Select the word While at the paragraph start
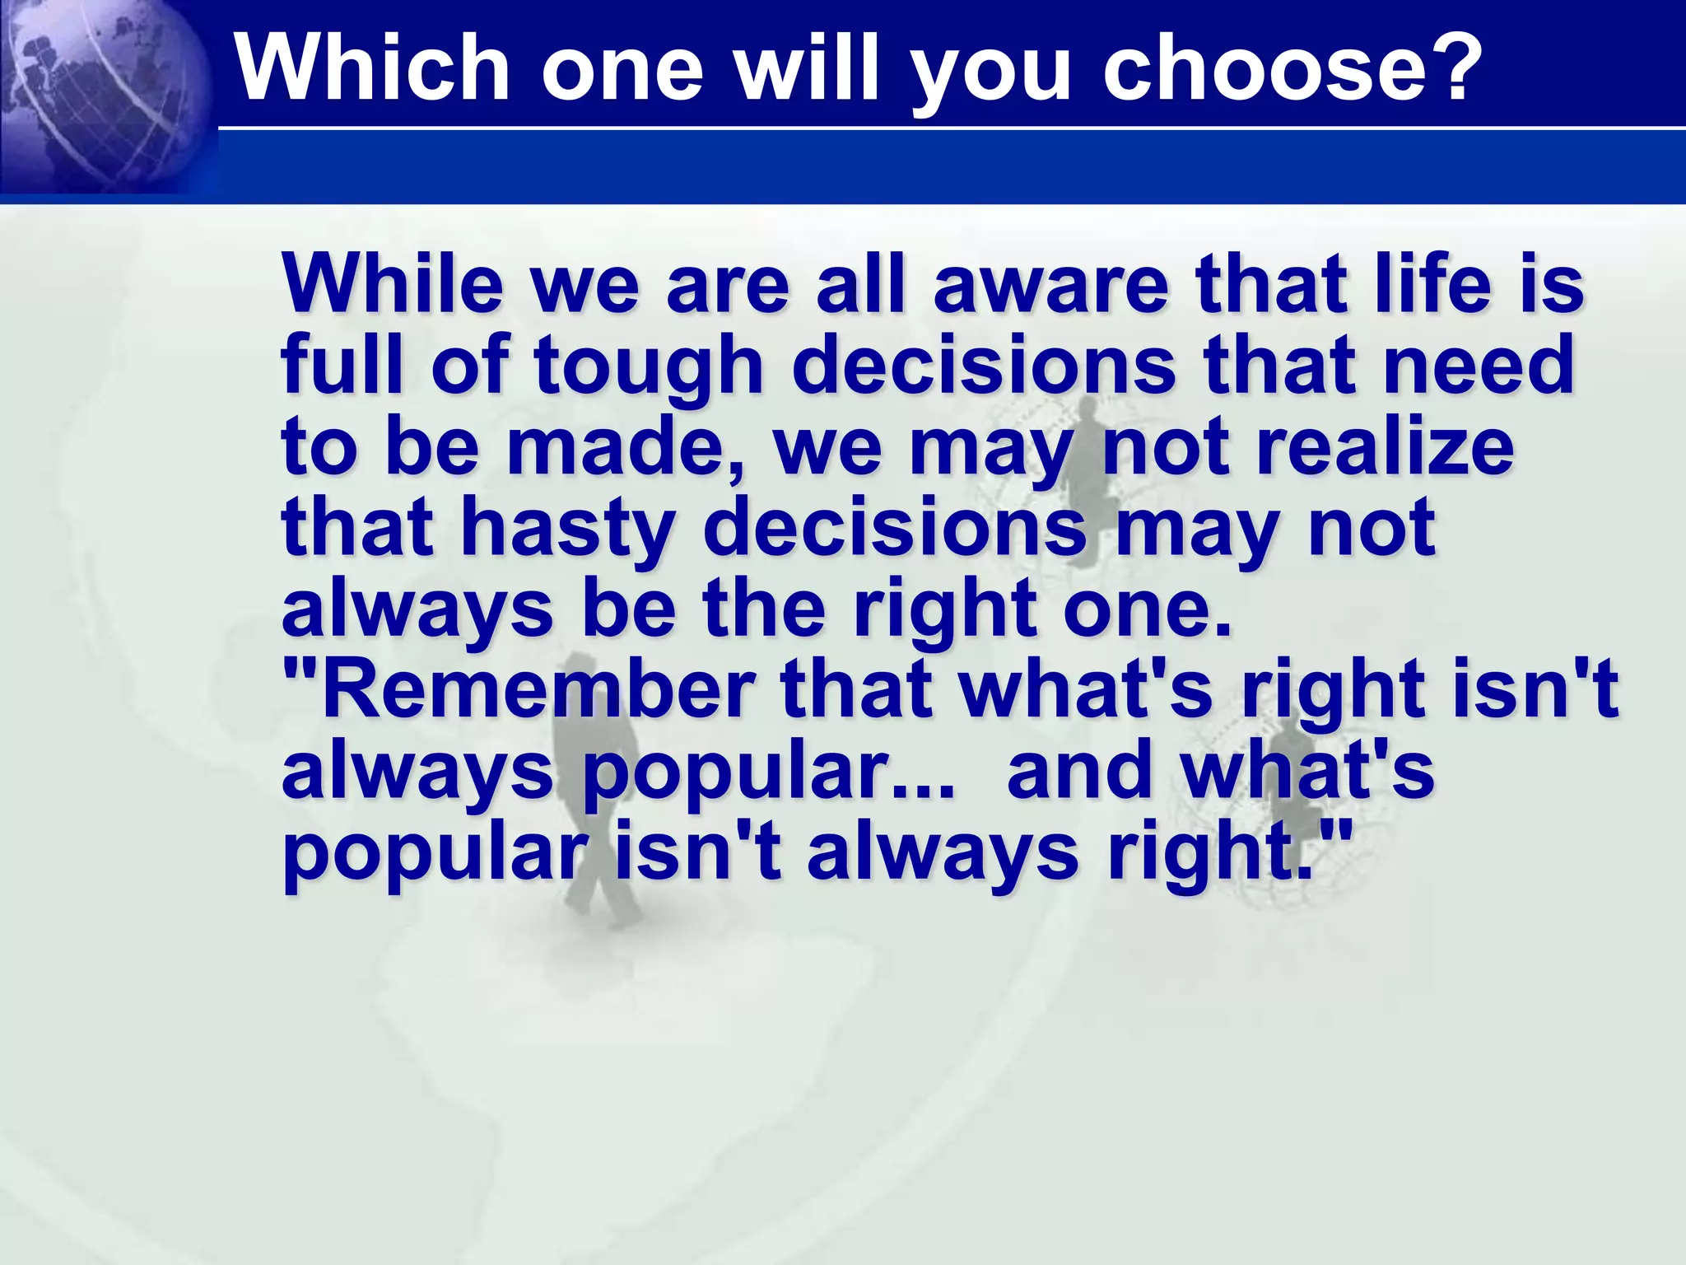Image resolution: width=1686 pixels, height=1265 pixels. [x=392, y=284]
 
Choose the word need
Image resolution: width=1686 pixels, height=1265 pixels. [x=1478, y=365]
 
